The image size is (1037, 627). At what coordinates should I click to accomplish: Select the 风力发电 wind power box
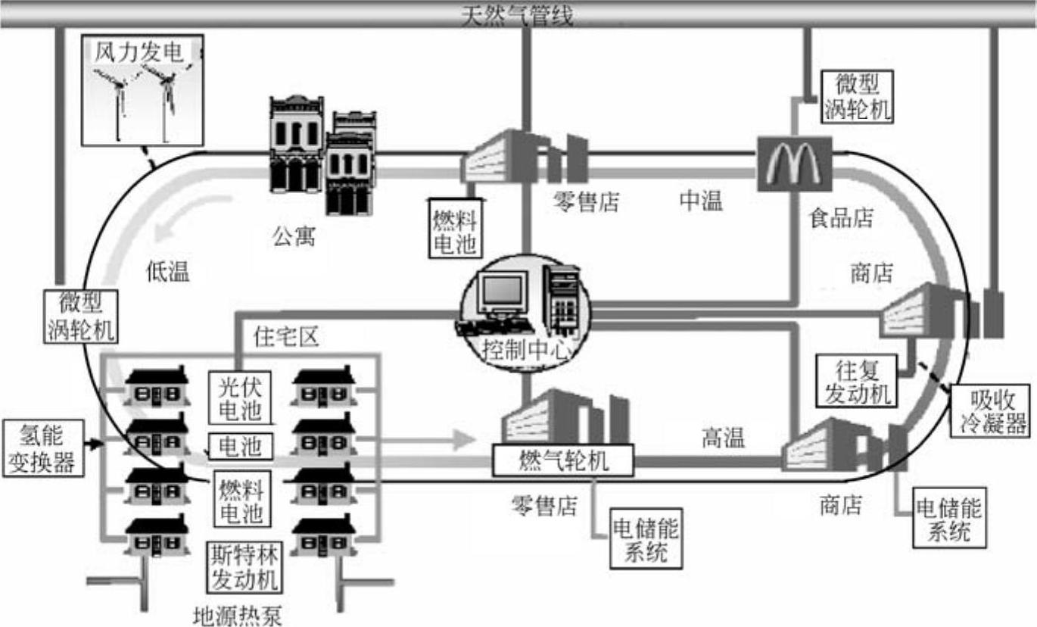(141, 91)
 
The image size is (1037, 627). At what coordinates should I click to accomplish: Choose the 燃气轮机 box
(563, 460)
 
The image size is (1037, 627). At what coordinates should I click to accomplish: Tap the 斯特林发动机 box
(244, 567)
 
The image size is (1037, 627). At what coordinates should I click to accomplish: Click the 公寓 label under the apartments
(294, 237)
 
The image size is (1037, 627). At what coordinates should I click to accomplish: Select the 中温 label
(700, 201)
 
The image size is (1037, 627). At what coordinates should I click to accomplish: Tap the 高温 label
(723, 437)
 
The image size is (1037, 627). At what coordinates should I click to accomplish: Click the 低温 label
(167, 271)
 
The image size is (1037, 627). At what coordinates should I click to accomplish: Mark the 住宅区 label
(286, 336)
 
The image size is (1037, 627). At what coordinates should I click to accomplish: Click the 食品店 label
(841, 219)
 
